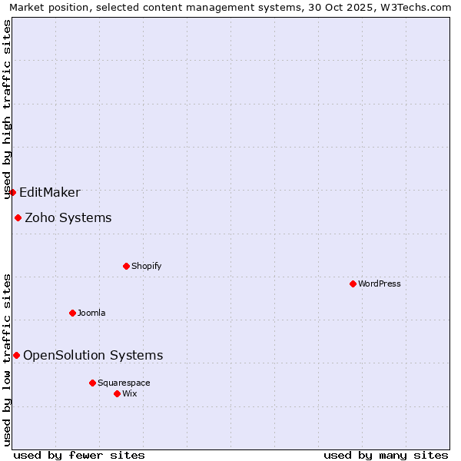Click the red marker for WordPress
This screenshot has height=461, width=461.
(x=353, y=284)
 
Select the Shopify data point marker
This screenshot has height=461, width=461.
(x=126, y=266)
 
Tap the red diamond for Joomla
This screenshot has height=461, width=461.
(x=72, y=313)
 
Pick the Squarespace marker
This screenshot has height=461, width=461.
(x=92, y=383)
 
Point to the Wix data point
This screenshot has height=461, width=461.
(x=117, y=393)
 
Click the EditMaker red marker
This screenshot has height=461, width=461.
(x=13, y=192)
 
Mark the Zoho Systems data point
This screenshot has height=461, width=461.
(x=18, y=217)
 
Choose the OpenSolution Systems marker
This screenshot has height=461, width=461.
(x=16, y=355)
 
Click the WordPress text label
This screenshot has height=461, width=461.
(x=380, y=284)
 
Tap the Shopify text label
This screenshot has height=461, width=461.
(x=146, y=266)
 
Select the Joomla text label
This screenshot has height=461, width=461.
(x=91, y=313)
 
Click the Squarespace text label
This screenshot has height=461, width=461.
(x=124, y=383)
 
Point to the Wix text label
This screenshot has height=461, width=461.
(x=130, y=393)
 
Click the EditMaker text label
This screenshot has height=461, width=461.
(x=50, y=193)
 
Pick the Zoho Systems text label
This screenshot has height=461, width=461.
(x=68, y=218)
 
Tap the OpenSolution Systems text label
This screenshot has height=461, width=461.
(x=93, y=355)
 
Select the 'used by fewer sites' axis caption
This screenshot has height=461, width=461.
(x=79, y=455)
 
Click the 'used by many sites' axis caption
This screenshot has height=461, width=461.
(x=386, y=455)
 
